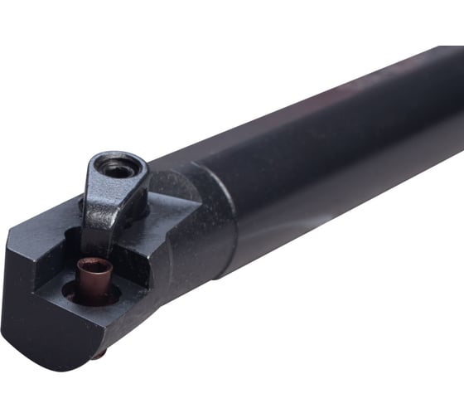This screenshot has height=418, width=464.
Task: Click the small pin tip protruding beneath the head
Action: coord(99,354)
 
